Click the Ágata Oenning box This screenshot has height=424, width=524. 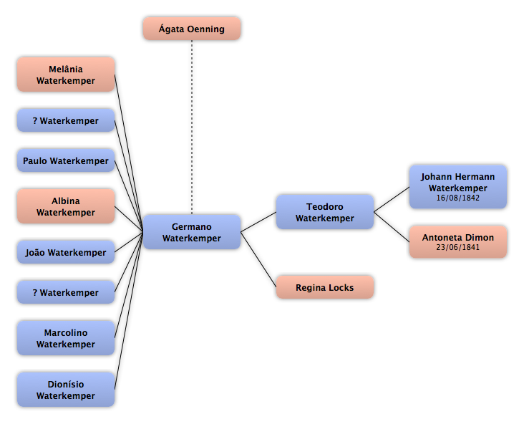[192, 29]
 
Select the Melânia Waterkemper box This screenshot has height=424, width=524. [66, 74]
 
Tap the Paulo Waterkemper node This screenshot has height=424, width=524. [66, 160]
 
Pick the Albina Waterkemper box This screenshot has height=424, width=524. [66, 206]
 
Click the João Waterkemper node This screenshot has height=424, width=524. [66, 252]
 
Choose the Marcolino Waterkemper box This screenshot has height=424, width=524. [66, 338]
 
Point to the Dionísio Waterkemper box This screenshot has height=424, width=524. [66, 390]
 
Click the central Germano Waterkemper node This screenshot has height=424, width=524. [192, 232]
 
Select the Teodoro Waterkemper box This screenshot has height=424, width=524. [325, 212]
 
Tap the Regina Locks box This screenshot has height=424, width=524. [325, 287]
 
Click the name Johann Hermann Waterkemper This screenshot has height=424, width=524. [458, 182]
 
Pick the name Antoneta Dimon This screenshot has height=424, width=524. [458, 237]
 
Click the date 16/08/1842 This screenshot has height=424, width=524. [458, 198]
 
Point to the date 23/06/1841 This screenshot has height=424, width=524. [458, 247]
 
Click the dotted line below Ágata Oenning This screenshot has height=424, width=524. [192, 127]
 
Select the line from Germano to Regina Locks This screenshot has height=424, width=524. [258, 259]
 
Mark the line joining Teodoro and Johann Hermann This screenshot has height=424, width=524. [392, 200]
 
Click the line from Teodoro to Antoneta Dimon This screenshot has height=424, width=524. [392, 227]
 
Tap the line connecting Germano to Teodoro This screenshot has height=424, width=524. [258, 222]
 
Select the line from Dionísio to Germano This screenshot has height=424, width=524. [129, 311]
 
